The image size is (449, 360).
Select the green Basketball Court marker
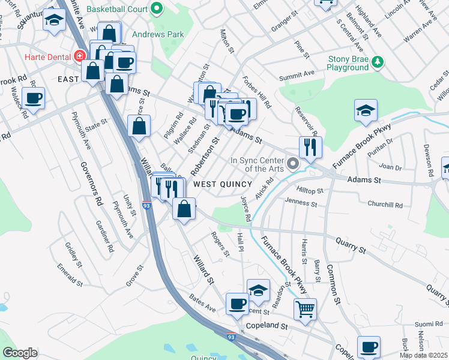click(x=157, y=8)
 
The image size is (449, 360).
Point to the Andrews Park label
click(x=158, y=34)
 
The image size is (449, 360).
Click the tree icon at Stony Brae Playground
click(x=378, y=61)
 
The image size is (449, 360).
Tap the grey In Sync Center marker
click(x=293, y=163)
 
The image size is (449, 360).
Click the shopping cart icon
click(x=306, y=309)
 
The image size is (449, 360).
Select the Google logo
click(x=20, y=353)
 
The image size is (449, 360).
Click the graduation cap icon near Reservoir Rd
click(x=365, y=110)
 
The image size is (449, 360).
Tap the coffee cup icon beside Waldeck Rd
click(x=33, y=98)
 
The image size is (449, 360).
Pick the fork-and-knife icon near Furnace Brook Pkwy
click(x=310, y=146)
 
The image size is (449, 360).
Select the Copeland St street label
click(x=268, y=329)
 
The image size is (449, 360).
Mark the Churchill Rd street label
click(x=385, y=205)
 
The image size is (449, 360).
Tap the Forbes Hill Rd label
click(x=257, y=92)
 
